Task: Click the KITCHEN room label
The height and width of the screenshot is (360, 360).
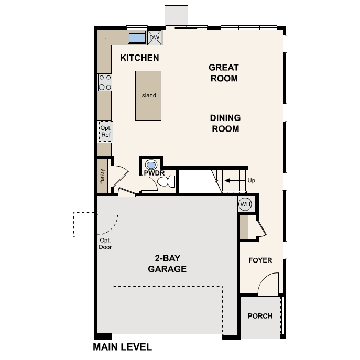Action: click(x=139, y=58)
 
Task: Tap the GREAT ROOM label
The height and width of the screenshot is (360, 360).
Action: click(x=223, y=73)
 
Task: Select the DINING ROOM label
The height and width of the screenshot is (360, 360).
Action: click(x=225, y=123)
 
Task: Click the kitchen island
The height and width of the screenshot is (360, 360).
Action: click(x=148, y=95)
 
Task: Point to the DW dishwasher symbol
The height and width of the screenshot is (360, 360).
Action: click(x=154, y=37)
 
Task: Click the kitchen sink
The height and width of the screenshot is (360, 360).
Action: click(x=137, y=37)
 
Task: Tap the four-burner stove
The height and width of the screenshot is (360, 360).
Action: click(x=105, y=82)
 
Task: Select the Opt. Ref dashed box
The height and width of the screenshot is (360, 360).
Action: click(x=106, y=131)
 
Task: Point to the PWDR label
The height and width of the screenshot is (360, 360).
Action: click(x=151, y=172)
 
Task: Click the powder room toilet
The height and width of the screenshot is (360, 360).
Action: click(x=166, y=182)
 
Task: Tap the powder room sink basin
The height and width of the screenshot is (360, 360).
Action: click(x=151, y=163)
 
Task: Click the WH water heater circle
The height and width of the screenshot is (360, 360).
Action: click(x=245, y=203)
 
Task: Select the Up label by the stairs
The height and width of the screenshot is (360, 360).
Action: click(x=252, y=181)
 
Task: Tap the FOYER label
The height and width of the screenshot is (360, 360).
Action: click(x=260, y=260)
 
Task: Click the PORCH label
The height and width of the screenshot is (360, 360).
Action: click(x=260, y=316)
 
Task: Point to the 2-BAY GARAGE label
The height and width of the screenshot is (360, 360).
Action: click(x=167, y=264)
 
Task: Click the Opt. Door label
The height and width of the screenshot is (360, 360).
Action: click(x=105, y=244)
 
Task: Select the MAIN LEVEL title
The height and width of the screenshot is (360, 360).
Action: click(x=122, y=347)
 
